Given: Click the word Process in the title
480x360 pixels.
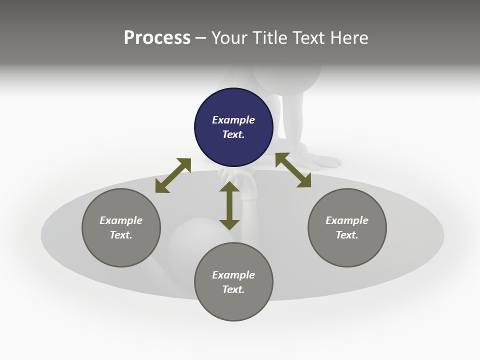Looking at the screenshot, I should click(157, 38).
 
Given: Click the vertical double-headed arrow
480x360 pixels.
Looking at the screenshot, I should click(229, 206).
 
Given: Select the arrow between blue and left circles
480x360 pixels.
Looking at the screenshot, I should click(173, 175).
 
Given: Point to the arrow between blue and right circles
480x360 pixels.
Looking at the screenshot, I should click(293, 170).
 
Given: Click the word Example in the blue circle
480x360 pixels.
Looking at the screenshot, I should click(233, 120).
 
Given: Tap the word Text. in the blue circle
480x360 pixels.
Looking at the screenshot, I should click(233, 134).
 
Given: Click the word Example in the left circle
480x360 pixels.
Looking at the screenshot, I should click(121, 220).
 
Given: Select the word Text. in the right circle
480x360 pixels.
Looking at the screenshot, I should click(347, 235).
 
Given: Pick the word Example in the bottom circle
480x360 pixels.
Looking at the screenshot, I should click(233, 275).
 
